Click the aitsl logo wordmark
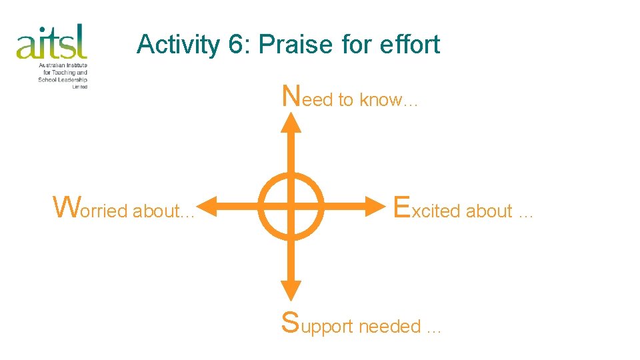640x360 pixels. click(x=52, y=41)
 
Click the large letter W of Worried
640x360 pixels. click(x=66, y=207)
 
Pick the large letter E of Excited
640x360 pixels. click(x=401, y=207)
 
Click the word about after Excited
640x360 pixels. click(x=489, y=211)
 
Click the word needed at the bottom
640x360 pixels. click(x=390, y=327)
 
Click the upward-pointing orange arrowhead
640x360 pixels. click(x=291, y=122)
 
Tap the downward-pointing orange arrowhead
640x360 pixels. click(x=291, y=289)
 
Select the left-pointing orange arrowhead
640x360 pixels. click(x=209, y=206)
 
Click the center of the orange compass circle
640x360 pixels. click(x=291, y=206)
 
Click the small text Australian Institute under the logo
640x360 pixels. click(x=63, y=65)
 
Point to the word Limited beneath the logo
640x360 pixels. click(x=79, y=87)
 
